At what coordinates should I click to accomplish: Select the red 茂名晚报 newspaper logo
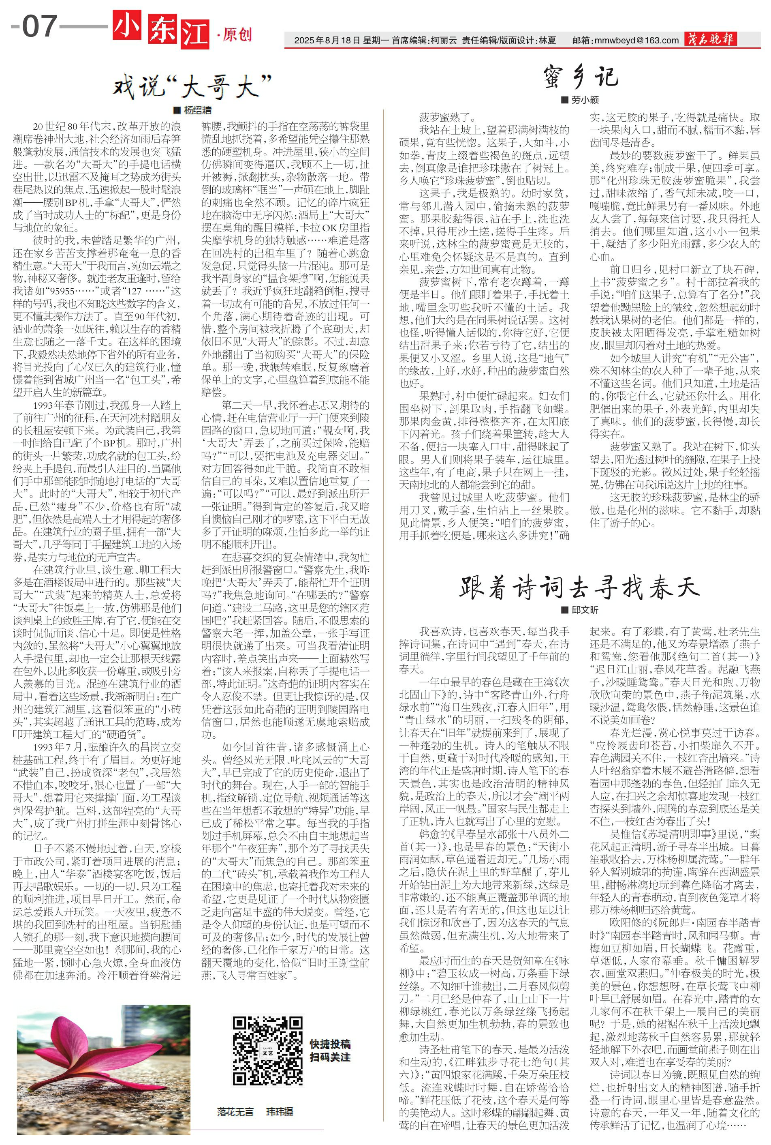point(711,39)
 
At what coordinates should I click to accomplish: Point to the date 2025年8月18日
point(327,41)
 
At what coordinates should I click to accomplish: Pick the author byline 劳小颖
point(585,100)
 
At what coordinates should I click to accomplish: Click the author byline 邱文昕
point(585,610)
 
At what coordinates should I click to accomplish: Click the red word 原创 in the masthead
point(237,34)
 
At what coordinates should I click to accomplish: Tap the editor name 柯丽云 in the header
point(442,41)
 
